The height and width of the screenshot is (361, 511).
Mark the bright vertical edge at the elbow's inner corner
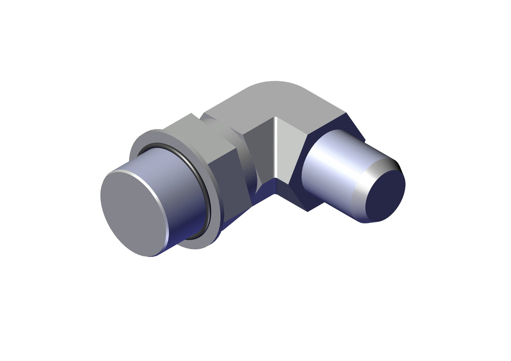(276, 150)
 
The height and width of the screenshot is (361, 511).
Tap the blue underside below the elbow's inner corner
(289, 192)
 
